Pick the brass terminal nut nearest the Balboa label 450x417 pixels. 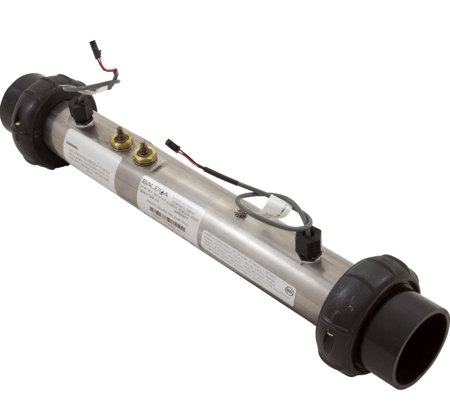pyautogui.click(x=144, y=154)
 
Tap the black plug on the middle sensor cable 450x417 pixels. pyautogui.click(x=172, y=147)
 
